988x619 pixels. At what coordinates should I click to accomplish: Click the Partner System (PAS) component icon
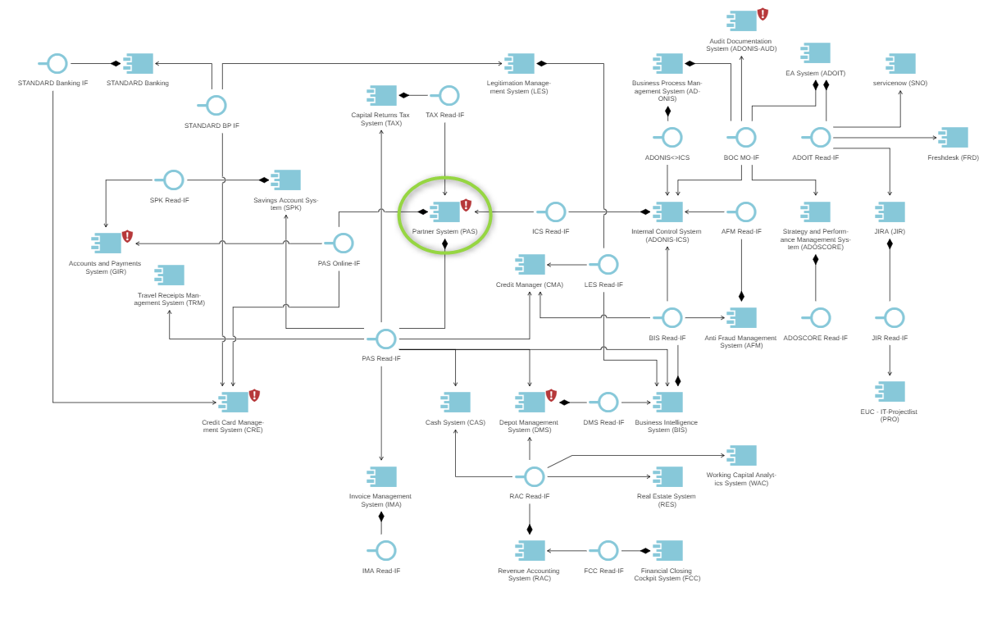pyautogui.click(x=446, y=212)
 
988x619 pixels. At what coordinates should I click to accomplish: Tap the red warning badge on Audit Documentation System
pyautogui.click(x=763, y=14)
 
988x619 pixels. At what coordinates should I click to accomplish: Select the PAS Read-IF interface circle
pyautogui.click(x=386, y=339)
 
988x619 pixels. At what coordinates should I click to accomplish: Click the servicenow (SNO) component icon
pyautogui.click(x=901, y=63)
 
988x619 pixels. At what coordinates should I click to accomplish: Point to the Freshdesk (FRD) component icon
pyautogui.click(x=954, y=137)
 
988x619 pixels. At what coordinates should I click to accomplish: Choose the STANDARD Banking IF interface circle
pyautogui.click(x=57, y=63)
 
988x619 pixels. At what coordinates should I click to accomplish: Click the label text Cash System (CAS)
pyautogui.click(x=455, y=422)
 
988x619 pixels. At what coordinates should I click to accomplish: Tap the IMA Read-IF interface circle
pyautogui.click(x=386, y=550)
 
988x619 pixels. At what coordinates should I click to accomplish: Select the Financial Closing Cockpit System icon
pyautogui.click(x=668, y=550)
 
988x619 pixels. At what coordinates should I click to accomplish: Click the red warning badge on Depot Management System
pyautogui.click(x=551, y=395)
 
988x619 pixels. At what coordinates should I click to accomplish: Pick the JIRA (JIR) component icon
pyautogui.click(x=890, y=212)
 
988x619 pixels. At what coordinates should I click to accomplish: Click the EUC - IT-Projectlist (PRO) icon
pyautogui.click(x=890, y=391)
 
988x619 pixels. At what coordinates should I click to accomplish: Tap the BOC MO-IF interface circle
pyautogui.click(x=745, y=137)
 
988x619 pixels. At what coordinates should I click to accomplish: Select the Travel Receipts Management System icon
pyautogui.click(x=170, y=275)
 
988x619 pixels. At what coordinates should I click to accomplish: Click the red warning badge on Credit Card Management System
pyautogui.click(x=254, y=395)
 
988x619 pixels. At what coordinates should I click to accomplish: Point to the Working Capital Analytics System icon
pyautogui.click(x=742, y=455)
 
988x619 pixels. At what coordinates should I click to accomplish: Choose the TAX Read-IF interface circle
pyautogui.click(x=449, y=95)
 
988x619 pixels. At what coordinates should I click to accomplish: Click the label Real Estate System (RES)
pyautogui.click(x=666, y=500)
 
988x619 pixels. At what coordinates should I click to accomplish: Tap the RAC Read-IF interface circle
pyautogui.click(x=535, y=476)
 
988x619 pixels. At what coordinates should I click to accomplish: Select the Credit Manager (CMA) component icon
pyautogui.click(x=530, y=264)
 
